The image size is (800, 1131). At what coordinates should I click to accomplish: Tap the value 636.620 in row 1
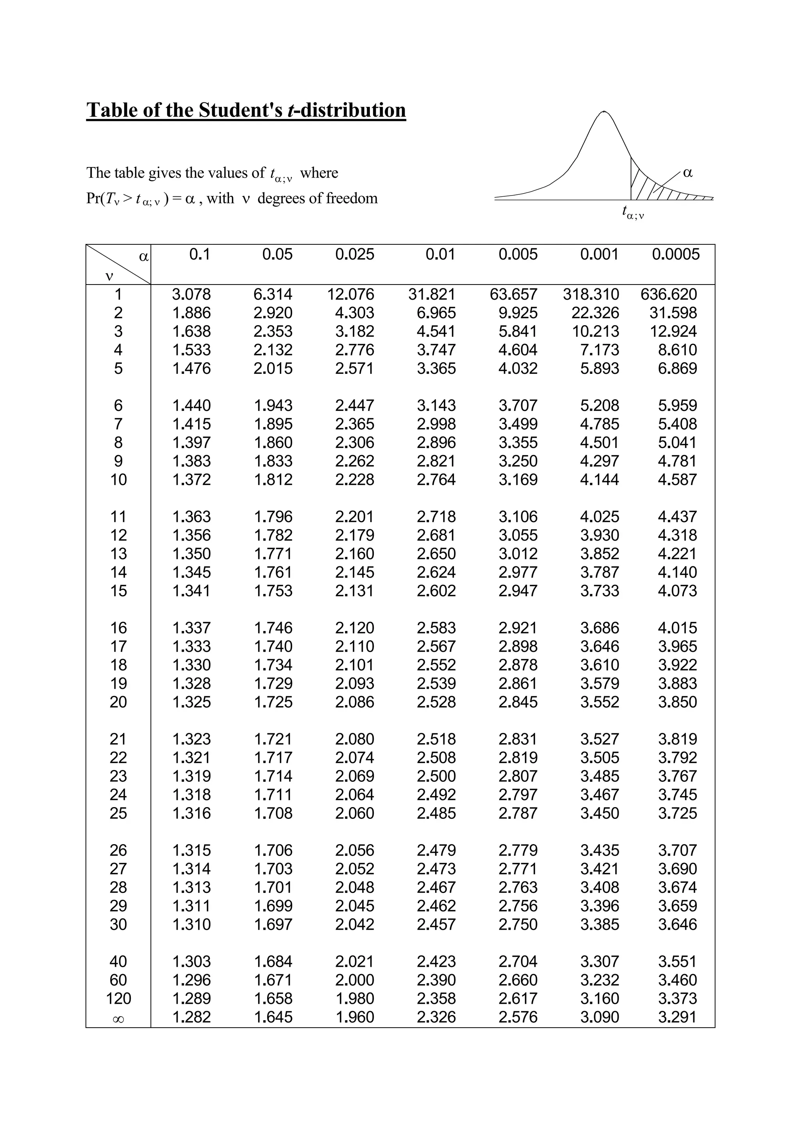click(x=668, y=294)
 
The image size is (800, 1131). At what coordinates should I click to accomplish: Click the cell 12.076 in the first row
click(x=350, y=294)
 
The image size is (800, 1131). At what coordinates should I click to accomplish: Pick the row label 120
click(x=118, y=998)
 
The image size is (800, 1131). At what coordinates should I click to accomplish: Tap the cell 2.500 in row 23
click(x=436, y=776)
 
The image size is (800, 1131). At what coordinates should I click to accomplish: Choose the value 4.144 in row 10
click(x=599, y=479)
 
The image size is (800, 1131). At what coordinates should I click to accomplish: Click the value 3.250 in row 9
click(x=518, y=461)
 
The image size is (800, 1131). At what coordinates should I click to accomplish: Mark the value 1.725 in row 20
click(x=273, y=702)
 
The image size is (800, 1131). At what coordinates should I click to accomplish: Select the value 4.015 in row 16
click(x=677, y=628)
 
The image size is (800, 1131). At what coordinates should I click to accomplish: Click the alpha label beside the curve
click(x=688, y=173)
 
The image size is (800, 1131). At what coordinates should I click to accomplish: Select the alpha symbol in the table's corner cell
click(x=143, y=257)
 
